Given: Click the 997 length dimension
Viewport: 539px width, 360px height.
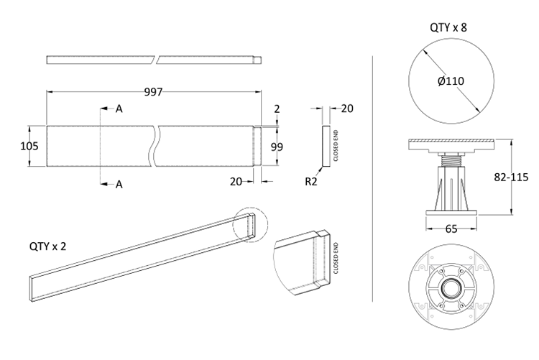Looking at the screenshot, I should pos(153,91).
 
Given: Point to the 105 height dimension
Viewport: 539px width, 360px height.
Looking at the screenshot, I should pos(30,146).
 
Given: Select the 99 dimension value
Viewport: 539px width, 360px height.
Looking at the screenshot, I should pos(277,147).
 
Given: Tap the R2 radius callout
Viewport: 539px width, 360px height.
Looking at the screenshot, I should pos(310,182).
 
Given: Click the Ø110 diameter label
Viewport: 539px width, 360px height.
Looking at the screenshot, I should pos(451,81).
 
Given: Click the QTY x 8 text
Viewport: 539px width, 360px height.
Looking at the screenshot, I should pos(451,28).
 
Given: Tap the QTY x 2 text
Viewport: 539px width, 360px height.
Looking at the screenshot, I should pos(48,245).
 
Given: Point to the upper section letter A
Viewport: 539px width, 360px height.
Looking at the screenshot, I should pos(119,109).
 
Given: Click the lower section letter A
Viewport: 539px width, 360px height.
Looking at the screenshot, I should pos(119,185).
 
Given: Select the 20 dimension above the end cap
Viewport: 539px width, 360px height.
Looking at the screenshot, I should pos(346,109).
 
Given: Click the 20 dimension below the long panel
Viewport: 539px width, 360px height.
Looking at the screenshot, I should pos(236,182).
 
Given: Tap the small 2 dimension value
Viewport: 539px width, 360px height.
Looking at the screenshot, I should pos(276,109).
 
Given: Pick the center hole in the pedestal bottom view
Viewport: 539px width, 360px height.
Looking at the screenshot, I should pos(451,290).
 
